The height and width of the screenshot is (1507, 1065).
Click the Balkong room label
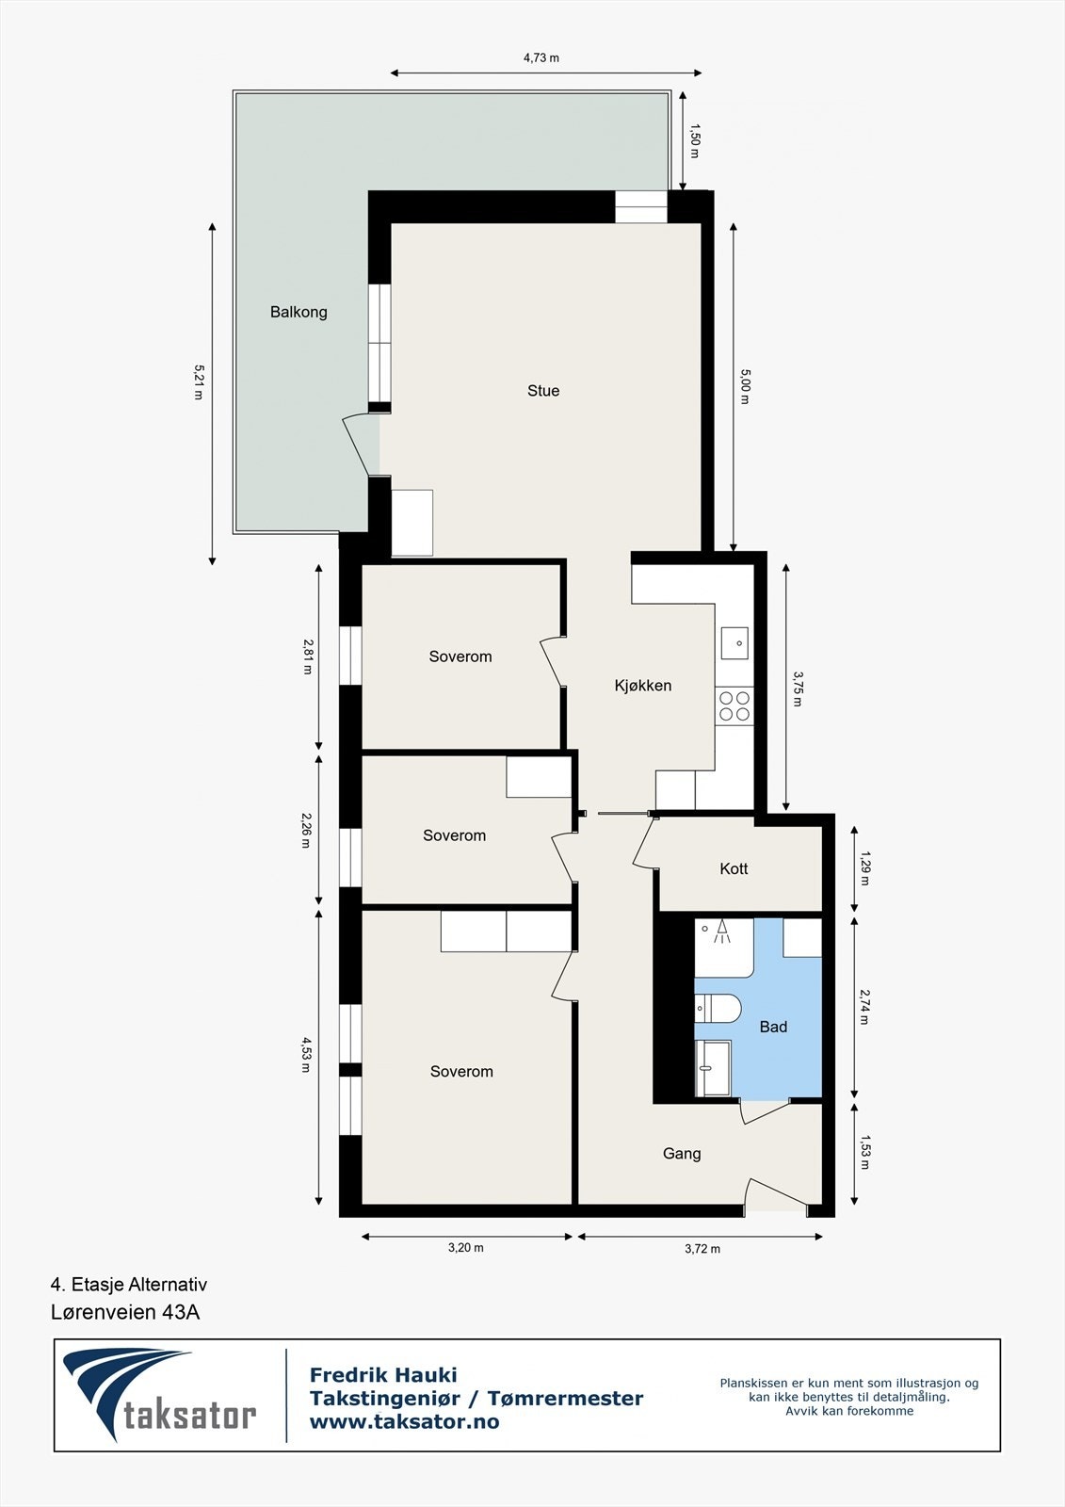tap(299, 312)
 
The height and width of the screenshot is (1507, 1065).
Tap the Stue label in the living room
tap(543, 391)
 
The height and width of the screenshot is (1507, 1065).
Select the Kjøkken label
tap(643, 686)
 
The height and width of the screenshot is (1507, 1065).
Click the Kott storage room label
tap(734, 868)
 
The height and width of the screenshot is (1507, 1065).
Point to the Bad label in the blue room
tap(773, 1027)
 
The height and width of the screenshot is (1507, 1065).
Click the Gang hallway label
tap(682, 1154)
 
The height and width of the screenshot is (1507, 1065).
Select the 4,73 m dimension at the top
tap(541, 57)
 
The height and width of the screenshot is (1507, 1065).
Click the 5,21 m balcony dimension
tap(198, 382)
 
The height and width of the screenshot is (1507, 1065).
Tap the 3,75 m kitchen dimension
tap(798, 689)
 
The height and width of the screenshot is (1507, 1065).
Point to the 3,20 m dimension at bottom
tap(465, 1248)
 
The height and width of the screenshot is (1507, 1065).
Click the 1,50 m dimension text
tap(695, 140)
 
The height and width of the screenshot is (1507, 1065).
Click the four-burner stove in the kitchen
tap(734, 705)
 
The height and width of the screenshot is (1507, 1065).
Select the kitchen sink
tap(734, 643)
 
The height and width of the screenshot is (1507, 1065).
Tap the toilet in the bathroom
tap(718, 1009)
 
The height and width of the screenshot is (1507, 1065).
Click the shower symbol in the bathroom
tap(723, 932)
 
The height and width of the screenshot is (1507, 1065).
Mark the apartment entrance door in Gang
tap(777, 1194)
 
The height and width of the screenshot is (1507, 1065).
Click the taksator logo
tap(160, 1396)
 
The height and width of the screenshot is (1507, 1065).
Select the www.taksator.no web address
tap(405, 1422)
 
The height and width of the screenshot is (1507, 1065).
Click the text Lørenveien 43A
tap(125, 1312)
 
